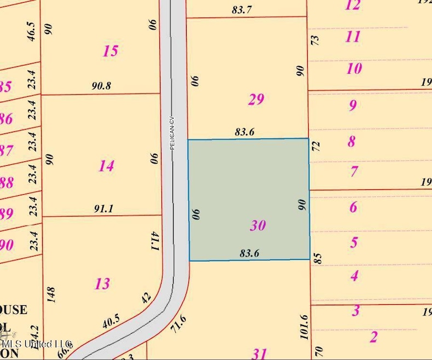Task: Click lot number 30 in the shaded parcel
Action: [257, 225]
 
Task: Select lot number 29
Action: [256, 99]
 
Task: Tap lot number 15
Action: [110, 51]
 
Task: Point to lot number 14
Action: [106, 165]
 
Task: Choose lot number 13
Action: [102, 283]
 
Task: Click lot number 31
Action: [259, 352]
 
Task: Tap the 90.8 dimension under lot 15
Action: [101, 86]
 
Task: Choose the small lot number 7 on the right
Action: [354, 172]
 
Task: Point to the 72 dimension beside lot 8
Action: [315, 146]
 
